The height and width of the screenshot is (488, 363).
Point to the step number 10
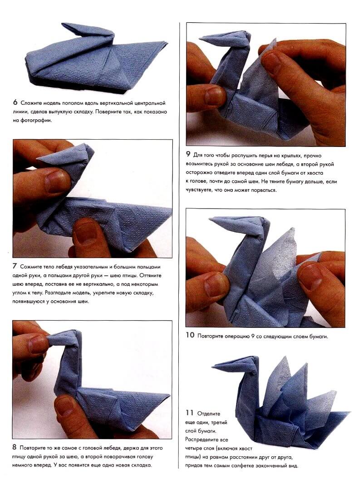[190, 336]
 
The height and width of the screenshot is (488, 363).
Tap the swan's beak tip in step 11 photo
[213, 364]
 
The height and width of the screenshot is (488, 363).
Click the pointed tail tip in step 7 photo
[170, 210]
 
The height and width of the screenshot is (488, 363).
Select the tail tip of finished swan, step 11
[348, 413]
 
